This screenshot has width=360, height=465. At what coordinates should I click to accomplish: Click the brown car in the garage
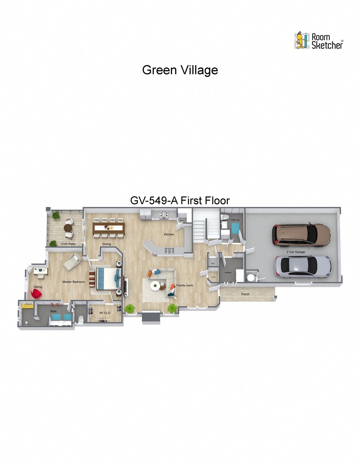click(301, 234)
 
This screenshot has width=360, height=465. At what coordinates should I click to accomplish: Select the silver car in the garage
click(302, 266)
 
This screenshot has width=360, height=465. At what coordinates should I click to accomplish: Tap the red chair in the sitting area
click(36, 293)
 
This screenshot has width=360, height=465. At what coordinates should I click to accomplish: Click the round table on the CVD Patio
click(68, 227)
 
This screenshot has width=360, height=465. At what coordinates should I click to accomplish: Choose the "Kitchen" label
click(169, 234)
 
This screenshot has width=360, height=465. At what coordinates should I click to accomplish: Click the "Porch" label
click(245, 294)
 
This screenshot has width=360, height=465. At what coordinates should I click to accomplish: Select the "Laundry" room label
click(228, 272)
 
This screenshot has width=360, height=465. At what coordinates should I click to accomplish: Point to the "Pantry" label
click(182, 221)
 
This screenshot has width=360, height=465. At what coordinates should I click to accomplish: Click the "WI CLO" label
click(104, 313)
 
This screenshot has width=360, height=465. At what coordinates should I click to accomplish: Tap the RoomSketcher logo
click(319, 41)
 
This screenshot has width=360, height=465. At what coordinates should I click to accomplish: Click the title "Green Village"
click(180, 70)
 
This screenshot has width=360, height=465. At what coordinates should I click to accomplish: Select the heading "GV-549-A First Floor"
click(180, 200)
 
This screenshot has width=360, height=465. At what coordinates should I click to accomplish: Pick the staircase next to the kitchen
click(201, 228)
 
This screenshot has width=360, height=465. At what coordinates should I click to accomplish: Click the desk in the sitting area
click(40, 270)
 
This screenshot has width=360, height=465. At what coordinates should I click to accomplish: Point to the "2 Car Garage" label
click(296, 252)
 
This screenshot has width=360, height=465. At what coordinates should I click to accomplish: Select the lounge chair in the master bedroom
click(72, 262)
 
